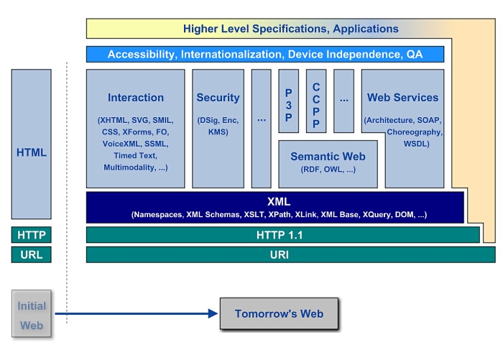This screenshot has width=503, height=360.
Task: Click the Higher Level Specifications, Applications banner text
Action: pyautogui.click(x=290, y=29)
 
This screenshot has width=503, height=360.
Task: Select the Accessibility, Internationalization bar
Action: pyautogui.click(x=265, y=54)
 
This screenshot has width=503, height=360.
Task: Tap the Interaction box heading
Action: pyautogui.click(x=136, y=98)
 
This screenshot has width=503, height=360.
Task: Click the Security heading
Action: pyautogui.click(x=218, y=98)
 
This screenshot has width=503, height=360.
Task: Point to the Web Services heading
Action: pyautogui.click(x=402, y=98)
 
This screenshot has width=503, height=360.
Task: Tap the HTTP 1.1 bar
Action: pyautogui.click(x=282, y=235)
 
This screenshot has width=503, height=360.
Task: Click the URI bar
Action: pyautogui.click(x=290, y=254)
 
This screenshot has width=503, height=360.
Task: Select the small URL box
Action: pyautogui.click(x=31, y=254)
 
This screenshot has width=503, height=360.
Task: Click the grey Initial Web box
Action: pyautogui.click(x=31, y=315)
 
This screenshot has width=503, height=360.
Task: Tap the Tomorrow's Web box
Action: pyautogui.click(x=279, y=313)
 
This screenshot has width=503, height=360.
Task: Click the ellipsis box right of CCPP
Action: pyautogui.click(x=343, y=101)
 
